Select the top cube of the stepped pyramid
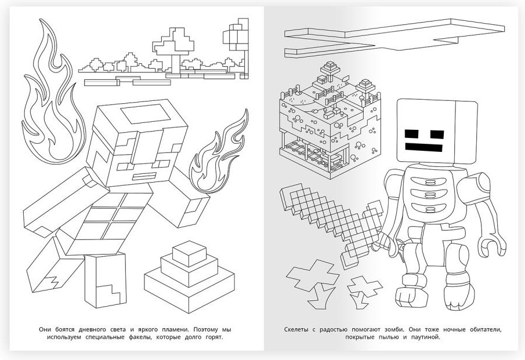pos(190,253)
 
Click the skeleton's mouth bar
pos(424,147)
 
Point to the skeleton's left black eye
pos(412,134)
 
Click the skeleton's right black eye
pos(437,134)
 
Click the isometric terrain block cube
pos(330,121)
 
